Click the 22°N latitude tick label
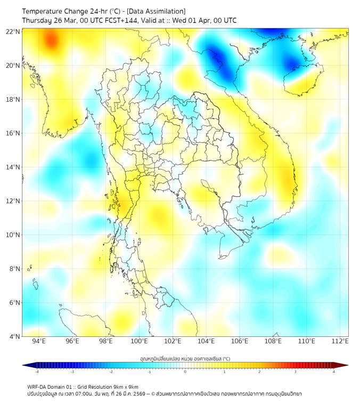[x=13, y=31]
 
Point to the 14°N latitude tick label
[x=13, y=167]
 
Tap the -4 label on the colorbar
[x=36, y=372]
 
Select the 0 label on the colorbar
[x=185, y=372]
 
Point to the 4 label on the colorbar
[x=333, y=372]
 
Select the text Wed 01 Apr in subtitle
[x=198, y=21]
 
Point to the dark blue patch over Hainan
[x=292, y=63]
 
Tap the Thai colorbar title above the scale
[x=185, y=358]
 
